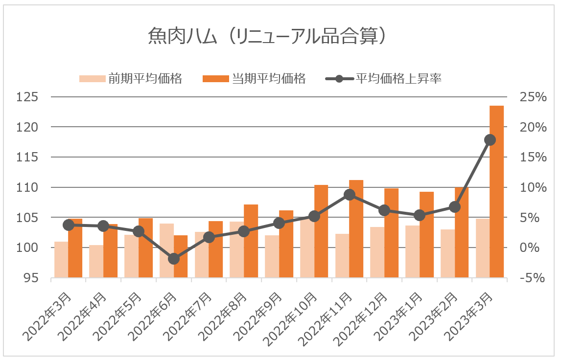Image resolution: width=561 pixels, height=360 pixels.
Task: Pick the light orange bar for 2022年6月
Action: [166, 250]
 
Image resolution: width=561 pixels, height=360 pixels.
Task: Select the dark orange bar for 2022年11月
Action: [356, 229]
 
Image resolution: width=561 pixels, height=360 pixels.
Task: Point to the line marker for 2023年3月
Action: [490, 140]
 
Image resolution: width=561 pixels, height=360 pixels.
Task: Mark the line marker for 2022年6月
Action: [174, 259]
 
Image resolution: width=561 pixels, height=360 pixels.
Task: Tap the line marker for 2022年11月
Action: [349, 195]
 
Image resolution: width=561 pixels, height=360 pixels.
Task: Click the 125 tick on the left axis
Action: [27, 97]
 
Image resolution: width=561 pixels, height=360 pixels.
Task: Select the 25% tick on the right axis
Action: [533, 97]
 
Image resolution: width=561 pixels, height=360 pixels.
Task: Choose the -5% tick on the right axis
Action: [533, 278]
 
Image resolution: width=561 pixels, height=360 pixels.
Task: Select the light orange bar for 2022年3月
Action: [61, 260]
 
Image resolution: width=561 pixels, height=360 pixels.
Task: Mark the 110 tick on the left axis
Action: [27, 187]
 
